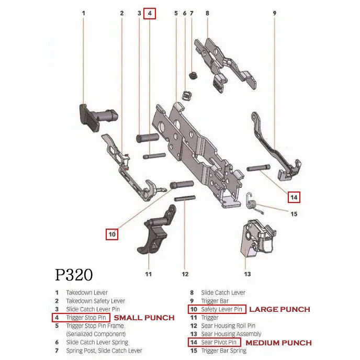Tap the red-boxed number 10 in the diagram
(x=112, y=234)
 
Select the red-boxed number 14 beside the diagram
(x=294, y=197)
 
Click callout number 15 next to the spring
(x=294, y=213)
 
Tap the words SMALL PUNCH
(x=144, y=318)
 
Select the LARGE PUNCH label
(x=279, y=309)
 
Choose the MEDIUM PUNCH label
(x=278, y=343)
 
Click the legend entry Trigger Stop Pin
(x=87, y=318)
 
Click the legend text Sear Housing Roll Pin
(x=228, y=326)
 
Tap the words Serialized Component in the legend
(x=96, y=334)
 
